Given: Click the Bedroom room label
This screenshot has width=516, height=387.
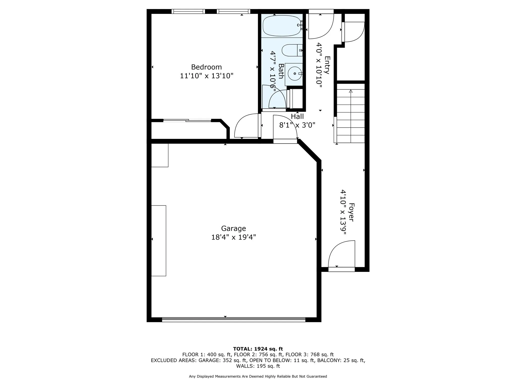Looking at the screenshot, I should coord(206,67).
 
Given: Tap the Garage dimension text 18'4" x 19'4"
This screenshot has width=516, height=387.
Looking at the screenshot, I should coord(233,237).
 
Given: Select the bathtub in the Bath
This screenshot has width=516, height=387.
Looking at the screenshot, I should coord(282,26).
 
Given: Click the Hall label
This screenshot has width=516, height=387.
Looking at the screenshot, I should coord(297,117).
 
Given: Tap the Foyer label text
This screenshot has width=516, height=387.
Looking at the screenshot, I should coord(351,212).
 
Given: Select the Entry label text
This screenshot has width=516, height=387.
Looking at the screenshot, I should coord(327,65).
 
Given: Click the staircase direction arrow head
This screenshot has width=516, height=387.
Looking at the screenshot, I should coord(350,91).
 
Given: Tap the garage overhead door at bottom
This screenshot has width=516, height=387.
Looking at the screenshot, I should coord(233,319).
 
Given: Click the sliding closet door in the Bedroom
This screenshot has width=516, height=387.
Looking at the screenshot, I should coord(187,120).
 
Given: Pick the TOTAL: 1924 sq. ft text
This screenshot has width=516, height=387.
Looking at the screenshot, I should coord(258,349).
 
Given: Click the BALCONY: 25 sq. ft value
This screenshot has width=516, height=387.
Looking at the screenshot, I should coord(341,360).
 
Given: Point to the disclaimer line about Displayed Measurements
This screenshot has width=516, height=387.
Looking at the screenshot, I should coord(258,376).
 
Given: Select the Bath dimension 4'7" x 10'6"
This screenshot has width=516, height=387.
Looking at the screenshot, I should coord(273,70).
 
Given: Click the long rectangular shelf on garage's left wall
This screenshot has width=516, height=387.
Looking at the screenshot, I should coord(158,241).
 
